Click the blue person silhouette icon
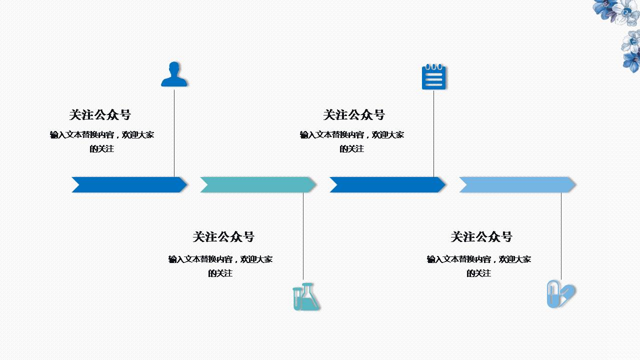[x=174, y=75]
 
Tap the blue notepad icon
[x=433, y=77]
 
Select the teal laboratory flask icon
[x=305, y=297]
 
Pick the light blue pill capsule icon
[x=560, y=294]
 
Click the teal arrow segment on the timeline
[x=258, y=184]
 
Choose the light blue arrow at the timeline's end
[x=517, y=184]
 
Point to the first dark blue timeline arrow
[x=129, y=184]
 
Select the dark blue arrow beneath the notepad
[x=387, y=184]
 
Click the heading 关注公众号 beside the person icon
[x=100, y=115]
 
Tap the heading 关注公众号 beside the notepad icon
[x=354, y=115]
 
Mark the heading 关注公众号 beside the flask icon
[x=223, y=237]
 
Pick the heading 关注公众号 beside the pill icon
[x=481, y=237]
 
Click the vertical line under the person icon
[x=174, y=132]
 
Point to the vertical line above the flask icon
[x=303, y=235]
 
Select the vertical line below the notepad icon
[x=433, y=132]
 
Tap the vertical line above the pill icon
[x=561, y=235]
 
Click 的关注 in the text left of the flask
[x=220, y=273]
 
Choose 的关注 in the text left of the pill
[x=479, y=273]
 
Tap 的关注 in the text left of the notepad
[x=352, y=149]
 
